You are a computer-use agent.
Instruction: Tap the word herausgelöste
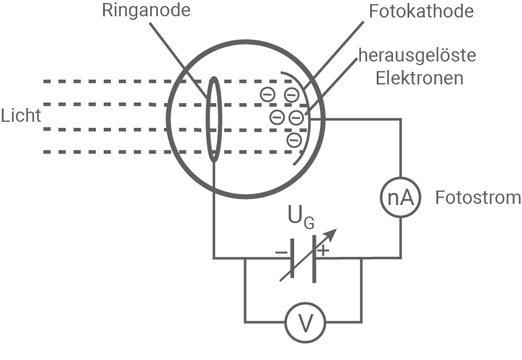click(x=417, y=56)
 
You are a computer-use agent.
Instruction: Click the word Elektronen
click(x=420, y=78)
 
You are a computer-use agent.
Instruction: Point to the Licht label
click(x=20, y=115)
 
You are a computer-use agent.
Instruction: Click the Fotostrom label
click(x=478, y=198)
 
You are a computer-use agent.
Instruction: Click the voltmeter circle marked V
click(x=306, y=324)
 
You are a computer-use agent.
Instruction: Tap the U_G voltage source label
click(x=301, y=217)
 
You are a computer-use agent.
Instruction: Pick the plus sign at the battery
click(x=324, y=250)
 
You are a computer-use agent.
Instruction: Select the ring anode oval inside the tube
click(x=213, y=119)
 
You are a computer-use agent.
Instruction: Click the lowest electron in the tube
click(x=294, y=141)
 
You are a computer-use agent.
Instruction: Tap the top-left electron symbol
click(x=268, y=94)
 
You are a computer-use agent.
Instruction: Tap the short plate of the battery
click(x=292, y=259)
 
